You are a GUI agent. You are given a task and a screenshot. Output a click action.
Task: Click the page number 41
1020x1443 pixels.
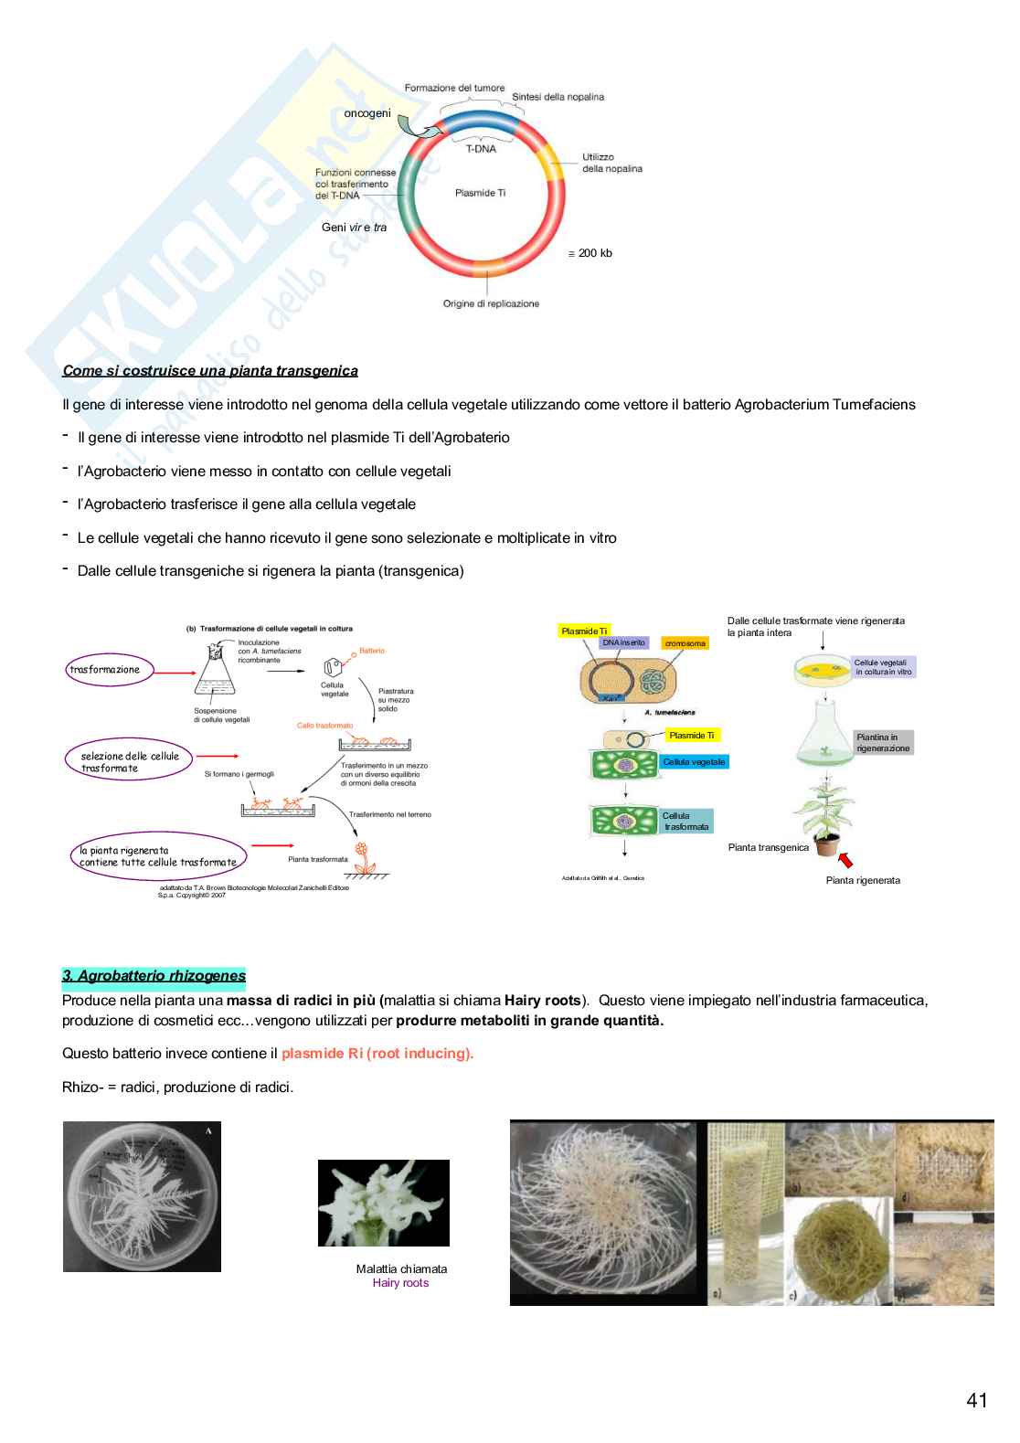pos(976,1400)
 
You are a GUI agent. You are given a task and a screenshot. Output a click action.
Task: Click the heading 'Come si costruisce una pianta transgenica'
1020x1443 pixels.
pos(210,371)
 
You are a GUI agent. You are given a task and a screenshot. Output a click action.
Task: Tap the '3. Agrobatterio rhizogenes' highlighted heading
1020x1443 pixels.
pos(154,976)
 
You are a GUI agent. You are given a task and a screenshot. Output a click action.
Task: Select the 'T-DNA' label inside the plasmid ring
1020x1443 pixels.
pos(481,149)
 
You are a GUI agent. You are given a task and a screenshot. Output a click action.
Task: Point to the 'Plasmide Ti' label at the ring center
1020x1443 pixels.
pos(480,193)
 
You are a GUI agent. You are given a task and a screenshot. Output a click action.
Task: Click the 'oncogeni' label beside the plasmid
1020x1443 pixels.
pos(367,113)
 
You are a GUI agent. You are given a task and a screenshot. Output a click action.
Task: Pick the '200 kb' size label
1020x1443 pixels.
pos(591,253)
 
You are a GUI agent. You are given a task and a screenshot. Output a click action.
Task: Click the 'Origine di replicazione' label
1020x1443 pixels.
pos(491,303)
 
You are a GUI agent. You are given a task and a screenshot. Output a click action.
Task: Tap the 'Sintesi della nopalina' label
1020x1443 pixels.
pos(558,97)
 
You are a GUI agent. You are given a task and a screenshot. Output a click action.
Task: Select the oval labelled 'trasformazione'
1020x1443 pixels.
pos(105,670)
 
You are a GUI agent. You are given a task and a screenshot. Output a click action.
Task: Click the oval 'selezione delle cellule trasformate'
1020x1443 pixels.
pos(130,762)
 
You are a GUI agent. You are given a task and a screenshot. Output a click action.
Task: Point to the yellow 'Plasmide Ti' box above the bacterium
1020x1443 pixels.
pos(584,631)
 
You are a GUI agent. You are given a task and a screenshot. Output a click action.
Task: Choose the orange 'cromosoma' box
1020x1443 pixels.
pos(685,643)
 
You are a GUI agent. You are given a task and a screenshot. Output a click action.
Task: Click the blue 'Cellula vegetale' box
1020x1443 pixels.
pos(694,762)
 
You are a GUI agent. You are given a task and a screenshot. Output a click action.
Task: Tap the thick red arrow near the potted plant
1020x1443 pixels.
pos(845,859)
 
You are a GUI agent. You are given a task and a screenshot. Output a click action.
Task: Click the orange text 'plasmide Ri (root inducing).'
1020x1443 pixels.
pos(377,1054)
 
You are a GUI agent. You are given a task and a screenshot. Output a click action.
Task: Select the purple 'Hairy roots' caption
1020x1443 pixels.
pos(400,1283)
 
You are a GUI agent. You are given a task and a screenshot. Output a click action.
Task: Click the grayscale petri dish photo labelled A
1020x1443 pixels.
pos(142,1196)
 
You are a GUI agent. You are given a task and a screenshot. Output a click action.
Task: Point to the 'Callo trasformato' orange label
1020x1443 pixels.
pos(324,726)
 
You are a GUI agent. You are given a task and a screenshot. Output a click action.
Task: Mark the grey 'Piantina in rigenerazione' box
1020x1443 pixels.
pos(883,743)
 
